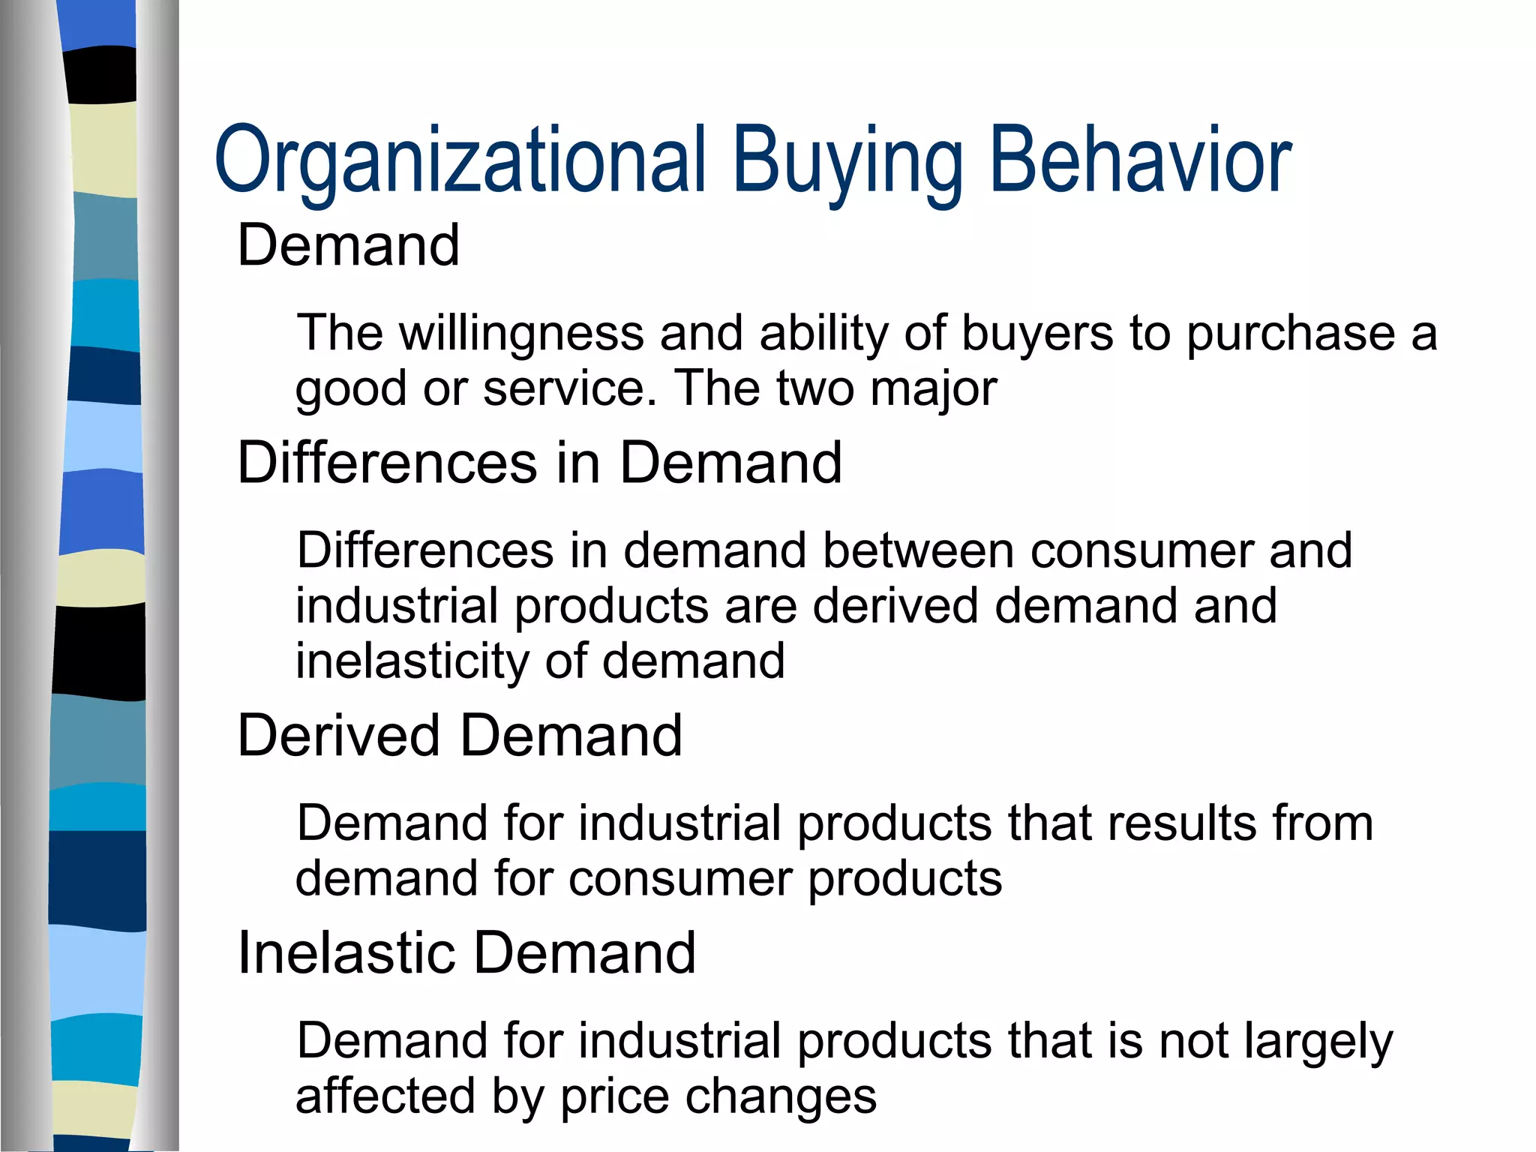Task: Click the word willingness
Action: (522, 334)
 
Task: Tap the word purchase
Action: (1290, 334)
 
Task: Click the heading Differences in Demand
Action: (540, 463)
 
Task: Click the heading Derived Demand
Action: (460, 736)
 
